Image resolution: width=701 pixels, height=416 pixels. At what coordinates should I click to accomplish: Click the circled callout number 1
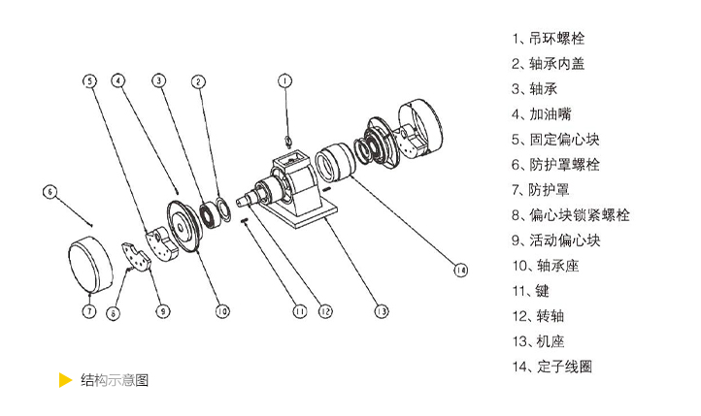(284, 81)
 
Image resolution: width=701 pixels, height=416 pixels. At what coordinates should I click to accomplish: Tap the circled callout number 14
(459, 272)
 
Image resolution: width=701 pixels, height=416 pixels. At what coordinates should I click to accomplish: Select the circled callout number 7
(88, 311)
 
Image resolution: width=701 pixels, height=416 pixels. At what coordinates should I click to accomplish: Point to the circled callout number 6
(50, 192)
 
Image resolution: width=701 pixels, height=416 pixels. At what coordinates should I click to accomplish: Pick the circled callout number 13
(382, 311)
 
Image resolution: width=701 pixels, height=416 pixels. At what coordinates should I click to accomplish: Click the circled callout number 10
(221, 311)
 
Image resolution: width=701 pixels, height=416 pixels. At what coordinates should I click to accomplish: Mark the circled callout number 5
(88, 80)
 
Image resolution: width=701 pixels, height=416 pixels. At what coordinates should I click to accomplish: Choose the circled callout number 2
(198, 81)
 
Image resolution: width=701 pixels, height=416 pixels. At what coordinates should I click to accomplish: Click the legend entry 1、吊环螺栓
(549, 40)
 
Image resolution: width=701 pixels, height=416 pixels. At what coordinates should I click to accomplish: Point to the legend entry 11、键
(534, 291)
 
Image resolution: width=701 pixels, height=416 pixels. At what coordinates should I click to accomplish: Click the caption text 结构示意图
(114, 380)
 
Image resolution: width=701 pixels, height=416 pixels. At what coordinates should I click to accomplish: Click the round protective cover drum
(94, 260)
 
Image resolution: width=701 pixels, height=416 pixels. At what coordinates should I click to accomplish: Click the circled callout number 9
(162, 311)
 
